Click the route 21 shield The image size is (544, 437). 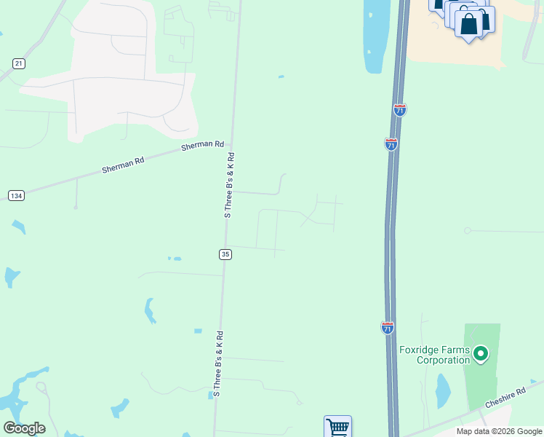coord(19,64)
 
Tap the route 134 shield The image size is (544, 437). coord(16,195)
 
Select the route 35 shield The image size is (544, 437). coord(225,253)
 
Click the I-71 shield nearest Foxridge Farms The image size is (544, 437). coord(388,328)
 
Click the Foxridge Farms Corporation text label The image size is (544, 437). coord(435,355)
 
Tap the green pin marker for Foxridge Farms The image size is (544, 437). coord(480,355)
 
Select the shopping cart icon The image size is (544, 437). coord(337,427)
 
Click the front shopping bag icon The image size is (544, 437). coord(469,24)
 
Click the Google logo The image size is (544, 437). coord(24,428)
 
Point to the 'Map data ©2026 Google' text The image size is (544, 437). coord(499,431)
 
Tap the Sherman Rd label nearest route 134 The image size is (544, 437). coord(123,164)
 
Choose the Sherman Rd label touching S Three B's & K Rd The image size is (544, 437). coord(202,146)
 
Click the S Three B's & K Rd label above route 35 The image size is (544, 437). coord(229,185)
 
